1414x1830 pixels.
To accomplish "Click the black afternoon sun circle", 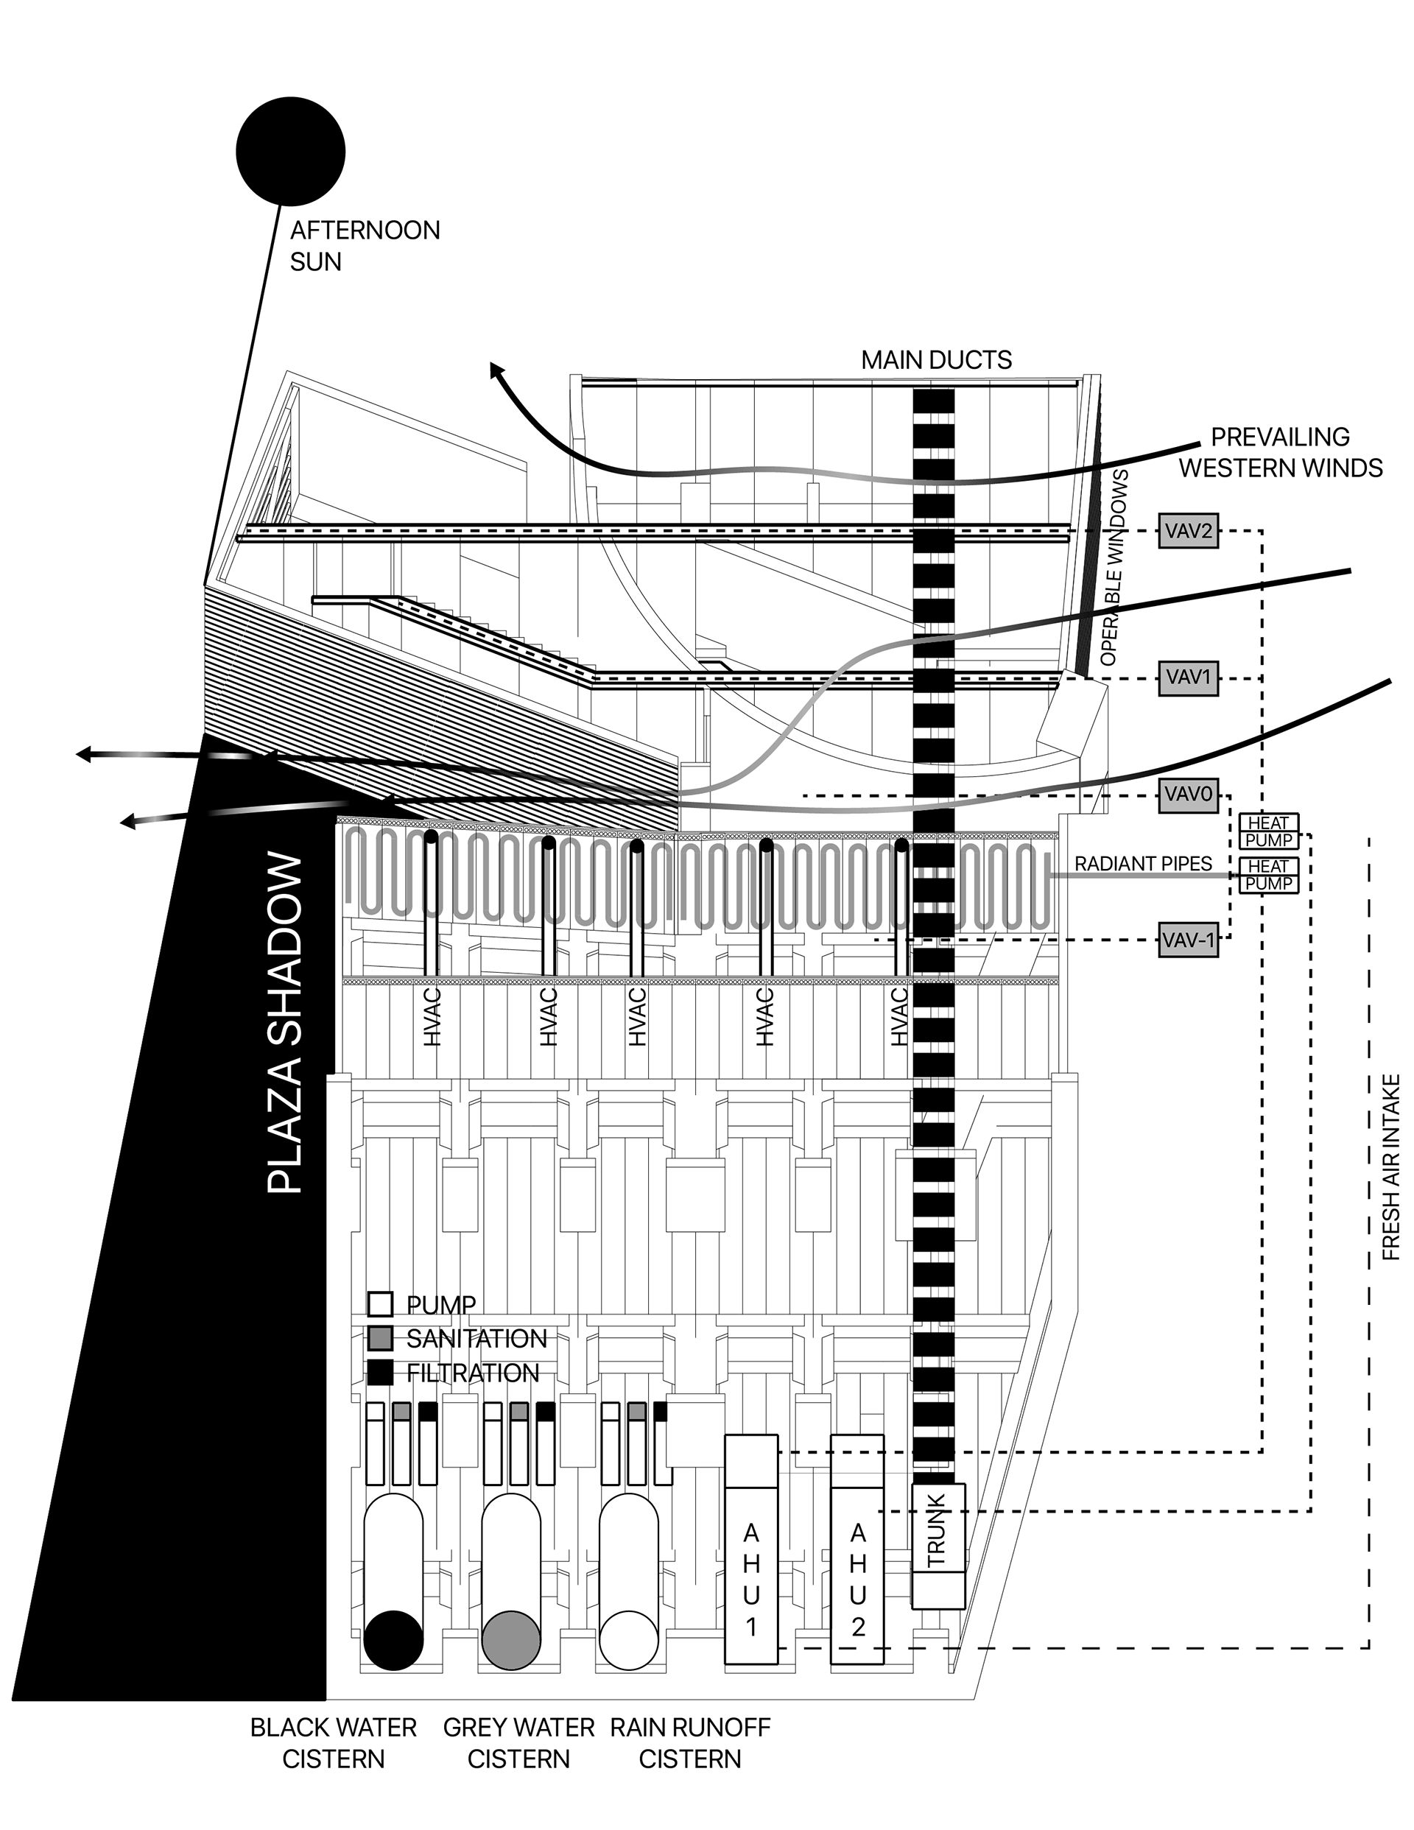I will pyautogui.click(x=290, y=151).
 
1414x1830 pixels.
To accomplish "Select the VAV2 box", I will pyautogui.click(x=1188, y=531).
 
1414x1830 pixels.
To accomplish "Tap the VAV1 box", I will pyautogui.click(x=1188, y=677).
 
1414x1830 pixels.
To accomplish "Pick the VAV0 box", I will pyautogui.click(x=1188, y=795).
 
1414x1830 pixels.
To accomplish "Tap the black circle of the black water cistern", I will pyautogui.click(x=393, y=1641).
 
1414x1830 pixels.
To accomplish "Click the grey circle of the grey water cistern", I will pyautogui.click(x=511, y=1641).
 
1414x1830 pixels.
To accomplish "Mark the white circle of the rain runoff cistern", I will pyautogui.click(x=629, y=1641).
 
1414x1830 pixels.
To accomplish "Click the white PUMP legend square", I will pyautogui.click(x=381, y=1305).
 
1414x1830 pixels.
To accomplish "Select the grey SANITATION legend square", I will pyautogui.click(x=381, y=1338).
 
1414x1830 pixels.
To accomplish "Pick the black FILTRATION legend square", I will pyautogui.click(x=381, y=1373).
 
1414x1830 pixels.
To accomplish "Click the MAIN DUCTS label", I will pyautogui.click(x=936, y=360).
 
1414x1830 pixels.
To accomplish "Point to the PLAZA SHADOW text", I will pyautogui.click(x=285, y=1022).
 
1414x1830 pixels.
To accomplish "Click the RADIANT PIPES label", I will pyautogui.click(x=1143, y=864).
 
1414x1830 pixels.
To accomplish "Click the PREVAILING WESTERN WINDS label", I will pyautogui.click(x=1281, y=452).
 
